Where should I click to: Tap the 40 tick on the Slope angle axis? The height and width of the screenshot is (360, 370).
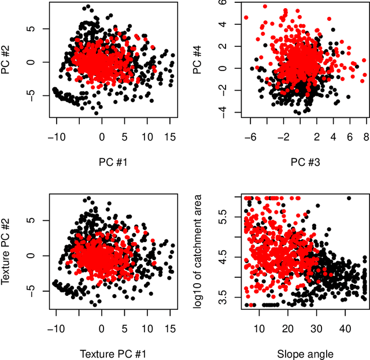click(344, 328)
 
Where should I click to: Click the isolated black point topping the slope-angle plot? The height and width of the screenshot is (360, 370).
click(349, 198)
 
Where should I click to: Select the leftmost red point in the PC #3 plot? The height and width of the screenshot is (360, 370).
click(246, 18)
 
